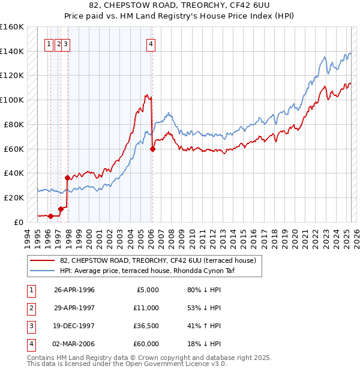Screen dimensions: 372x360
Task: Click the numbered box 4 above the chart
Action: (151, 43)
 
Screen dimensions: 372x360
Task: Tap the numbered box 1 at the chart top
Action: (48, 43)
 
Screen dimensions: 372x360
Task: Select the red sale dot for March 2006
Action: (152, 149)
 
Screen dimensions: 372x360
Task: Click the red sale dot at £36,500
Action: (67, 177)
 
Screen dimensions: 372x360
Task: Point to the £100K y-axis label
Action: (12, 100)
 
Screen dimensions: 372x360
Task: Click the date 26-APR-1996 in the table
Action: (74, 290)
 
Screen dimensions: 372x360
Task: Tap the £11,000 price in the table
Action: (145, 308)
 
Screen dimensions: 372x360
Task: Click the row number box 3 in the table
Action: (31, 326)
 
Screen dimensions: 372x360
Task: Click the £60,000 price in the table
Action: (145, 344)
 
